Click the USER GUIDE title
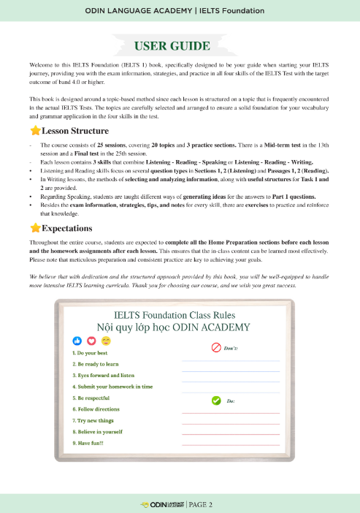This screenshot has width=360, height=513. point(180,46)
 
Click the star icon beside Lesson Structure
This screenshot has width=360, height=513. point(35,131)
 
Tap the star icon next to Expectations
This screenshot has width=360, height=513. point(35,228)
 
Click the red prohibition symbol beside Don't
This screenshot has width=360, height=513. point(215,348)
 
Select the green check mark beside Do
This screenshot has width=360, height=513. point(215,400)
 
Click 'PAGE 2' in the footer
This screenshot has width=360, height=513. point(201,504)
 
